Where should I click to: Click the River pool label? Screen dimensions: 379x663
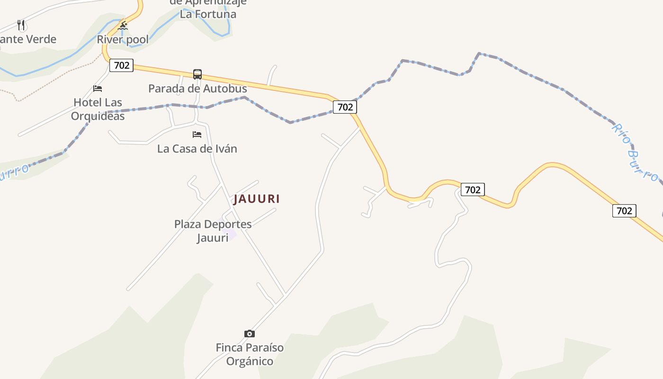[123, 39]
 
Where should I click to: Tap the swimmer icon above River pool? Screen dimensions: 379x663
[123, 26]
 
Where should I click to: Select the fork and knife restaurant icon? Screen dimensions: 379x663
[21, 25]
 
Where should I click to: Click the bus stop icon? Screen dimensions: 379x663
[197, 74]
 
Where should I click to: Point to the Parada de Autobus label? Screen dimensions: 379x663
[197, 89]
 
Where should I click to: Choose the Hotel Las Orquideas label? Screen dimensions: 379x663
[98, 109]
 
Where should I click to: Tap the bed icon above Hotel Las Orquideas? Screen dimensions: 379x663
[98, 88]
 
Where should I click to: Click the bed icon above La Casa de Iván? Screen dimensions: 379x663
[197, 135]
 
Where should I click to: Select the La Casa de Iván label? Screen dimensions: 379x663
[197, 149]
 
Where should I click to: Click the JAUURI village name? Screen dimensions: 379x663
[257, 199]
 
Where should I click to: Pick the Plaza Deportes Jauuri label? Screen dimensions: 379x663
[213, 230]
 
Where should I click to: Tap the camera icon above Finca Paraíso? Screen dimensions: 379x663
[250, 334]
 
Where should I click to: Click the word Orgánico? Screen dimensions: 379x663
[250, 361]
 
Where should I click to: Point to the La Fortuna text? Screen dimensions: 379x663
[208, 14]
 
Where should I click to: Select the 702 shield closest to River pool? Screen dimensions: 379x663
[122, 65]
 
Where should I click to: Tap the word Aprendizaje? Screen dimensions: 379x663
[215, 2]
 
